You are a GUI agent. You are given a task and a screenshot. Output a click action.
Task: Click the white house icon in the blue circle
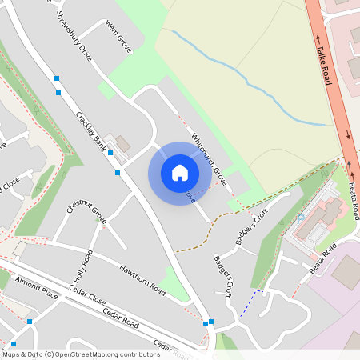(180, 173)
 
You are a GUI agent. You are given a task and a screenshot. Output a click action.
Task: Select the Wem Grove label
(118, 37)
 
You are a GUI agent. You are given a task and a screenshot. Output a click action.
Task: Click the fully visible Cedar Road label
(120, 319)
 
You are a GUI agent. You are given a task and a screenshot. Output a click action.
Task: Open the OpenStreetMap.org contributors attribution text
(112, 354)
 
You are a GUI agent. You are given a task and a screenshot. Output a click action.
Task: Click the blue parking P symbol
(300, 218)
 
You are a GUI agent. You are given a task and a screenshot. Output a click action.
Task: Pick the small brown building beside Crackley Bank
(122, 144)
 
